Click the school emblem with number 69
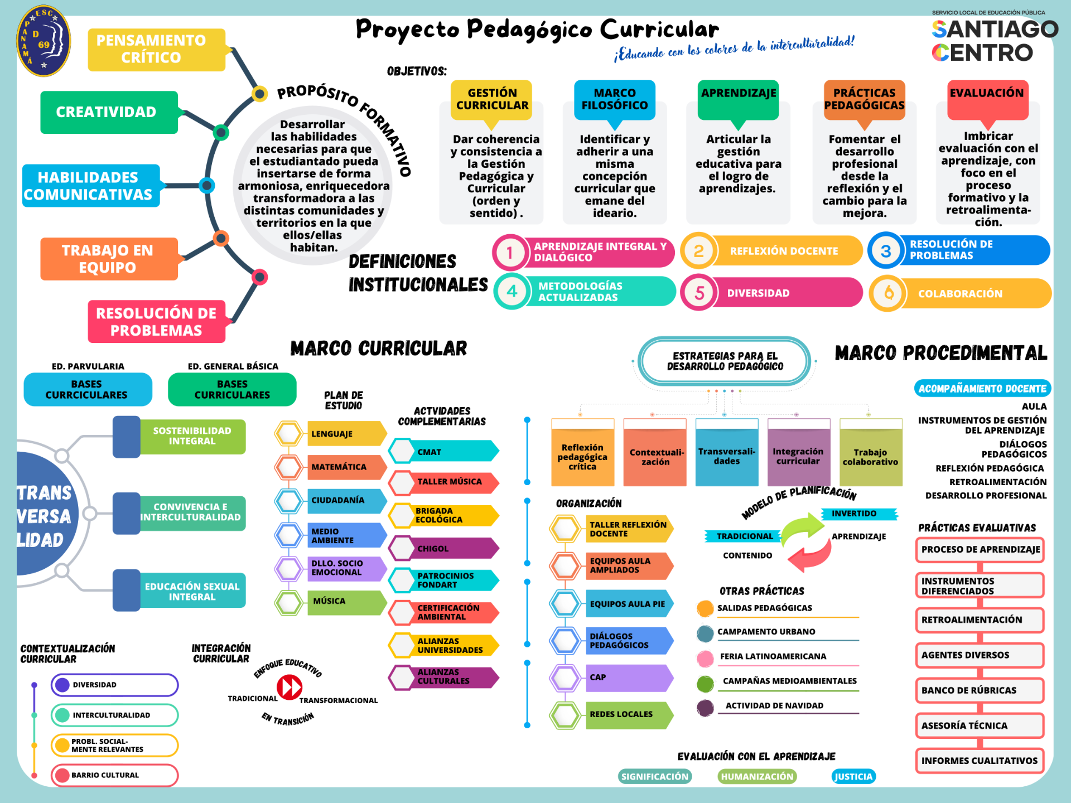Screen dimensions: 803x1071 point(44,42)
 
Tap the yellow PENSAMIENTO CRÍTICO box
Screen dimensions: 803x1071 point(156,49)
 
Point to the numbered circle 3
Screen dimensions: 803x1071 point(885,251)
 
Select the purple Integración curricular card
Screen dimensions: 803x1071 point(798,456)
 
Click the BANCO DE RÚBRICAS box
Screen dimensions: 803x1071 point(979,690)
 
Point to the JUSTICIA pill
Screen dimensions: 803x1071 point(853,776)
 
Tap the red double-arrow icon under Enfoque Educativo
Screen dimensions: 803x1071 point(290,686)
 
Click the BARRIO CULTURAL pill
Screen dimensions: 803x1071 point(114,775)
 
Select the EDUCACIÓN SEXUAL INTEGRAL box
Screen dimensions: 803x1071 point(191,591)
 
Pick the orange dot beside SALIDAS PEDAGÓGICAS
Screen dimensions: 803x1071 point(705,608)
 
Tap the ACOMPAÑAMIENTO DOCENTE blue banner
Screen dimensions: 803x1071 point(982,389)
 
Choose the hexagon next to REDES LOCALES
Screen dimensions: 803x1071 point(565,715)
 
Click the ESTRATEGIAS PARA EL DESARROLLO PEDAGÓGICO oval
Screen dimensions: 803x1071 point(725,361)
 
